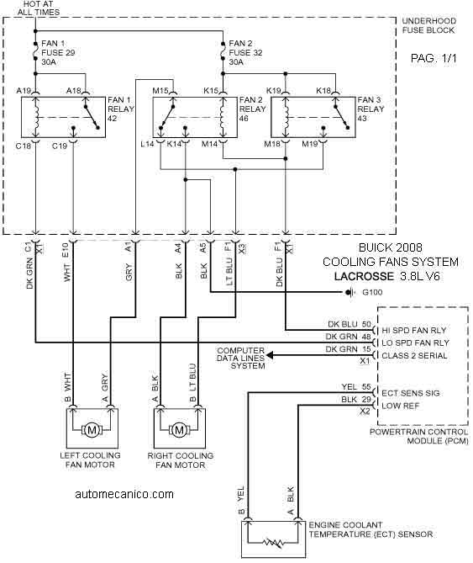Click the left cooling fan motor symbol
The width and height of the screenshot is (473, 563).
92,429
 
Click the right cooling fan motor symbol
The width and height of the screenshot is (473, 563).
179,429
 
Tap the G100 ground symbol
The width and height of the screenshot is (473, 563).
350,292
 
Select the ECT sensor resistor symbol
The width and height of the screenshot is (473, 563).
274,543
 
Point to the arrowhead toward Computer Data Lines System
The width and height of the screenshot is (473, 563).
271,355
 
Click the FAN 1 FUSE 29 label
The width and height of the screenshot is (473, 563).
58,52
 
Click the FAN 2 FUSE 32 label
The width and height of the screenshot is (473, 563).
245,52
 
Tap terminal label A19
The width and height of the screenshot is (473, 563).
24,91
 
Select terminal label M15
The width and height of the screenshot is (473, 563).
160,91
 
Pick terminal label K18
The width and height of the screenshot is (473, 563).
323,91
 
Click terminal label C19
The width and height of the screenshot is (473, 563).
60,146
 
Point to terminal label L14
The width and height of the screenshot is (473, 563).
147,144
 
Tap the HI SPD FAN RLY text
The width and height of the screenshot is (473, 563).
414,331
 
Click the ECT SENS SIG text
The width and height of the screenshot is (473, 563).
411,393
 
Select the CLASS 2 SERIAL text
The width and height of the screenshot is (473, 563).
414,355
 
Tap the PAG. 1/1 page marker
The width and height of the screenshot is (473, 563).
434,58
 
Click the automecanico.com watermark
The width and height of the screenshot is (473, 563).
124,494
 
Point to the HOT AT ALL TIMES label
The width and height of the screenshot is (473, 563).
39,8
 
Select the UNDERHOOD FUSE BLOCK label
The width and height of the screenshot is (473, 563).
429,25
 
